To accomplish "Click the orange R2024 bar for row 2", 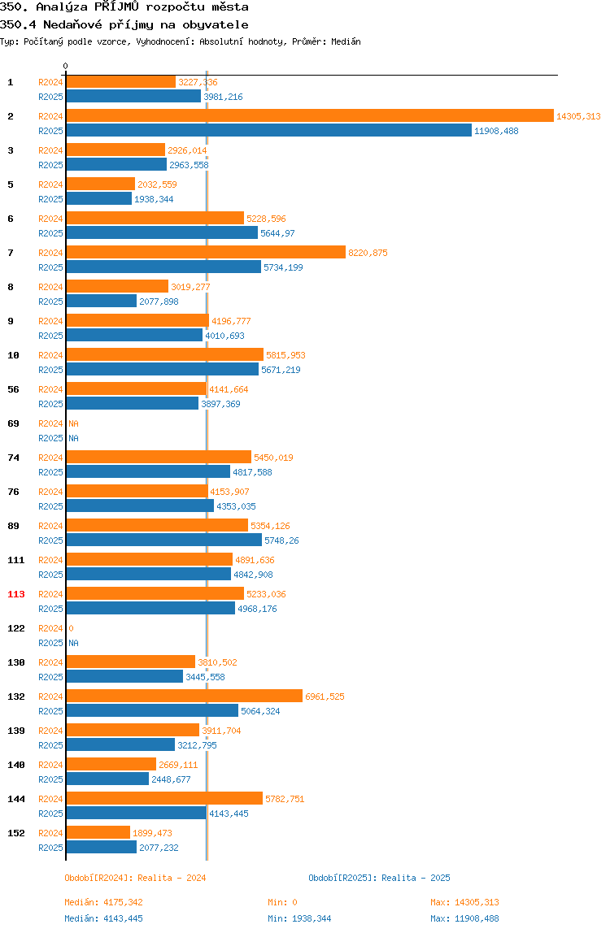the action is tap(310, 116).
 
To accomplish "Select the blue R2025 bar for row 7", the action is tap(163, 267).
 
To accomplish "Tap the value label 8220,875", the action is tap(368, 253).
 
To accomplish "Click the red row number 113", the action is tap(16, 594).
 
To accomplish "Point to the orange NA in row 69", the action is tap(73, 423).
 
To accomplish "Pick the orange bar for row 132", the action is tap(184, 696).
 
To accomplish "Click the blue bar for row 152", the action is tap(102, 848).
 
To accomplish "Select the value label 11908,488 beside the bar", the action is tap(496, 131).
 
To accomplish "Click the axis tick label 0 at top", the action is tap(66, 66).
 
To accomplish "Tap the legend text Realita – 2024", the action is tap(172, 878).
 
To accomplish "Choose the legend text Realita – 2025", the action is tap(416, 878).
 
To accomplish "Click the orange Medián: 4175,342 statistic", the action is tap(103, 902).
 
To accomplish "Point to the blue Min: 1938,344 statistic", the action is tap(299, 918).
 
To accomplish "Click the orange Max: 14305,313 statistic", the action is tap(464, 902).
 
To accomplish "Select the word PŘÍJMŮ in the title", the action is tap(117, 7).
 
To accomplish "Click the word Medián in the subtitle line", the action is tap(346, 41).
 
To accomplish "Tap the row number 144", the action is tap(16, 799).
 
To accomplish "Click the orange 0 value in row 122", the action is tap(71, 628).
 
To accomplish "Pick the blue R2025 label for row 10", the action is tap(50, 370).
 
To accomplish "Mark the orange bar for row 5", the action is tap(101, 184).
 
